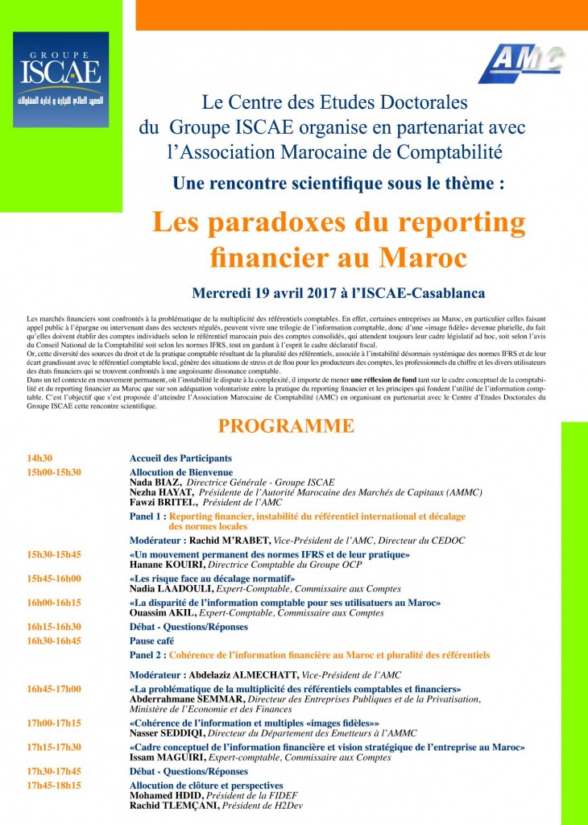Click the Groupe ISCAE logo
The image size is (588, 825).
coord(60,79)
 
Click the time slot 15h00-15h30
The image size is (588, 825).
coord(55,472)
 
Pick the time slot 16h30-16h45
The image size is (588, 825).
coord(55,641)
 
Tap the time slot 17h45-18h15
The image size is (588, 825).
coord(55,785)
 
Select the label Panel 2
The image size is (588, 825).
coord(148,655)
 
